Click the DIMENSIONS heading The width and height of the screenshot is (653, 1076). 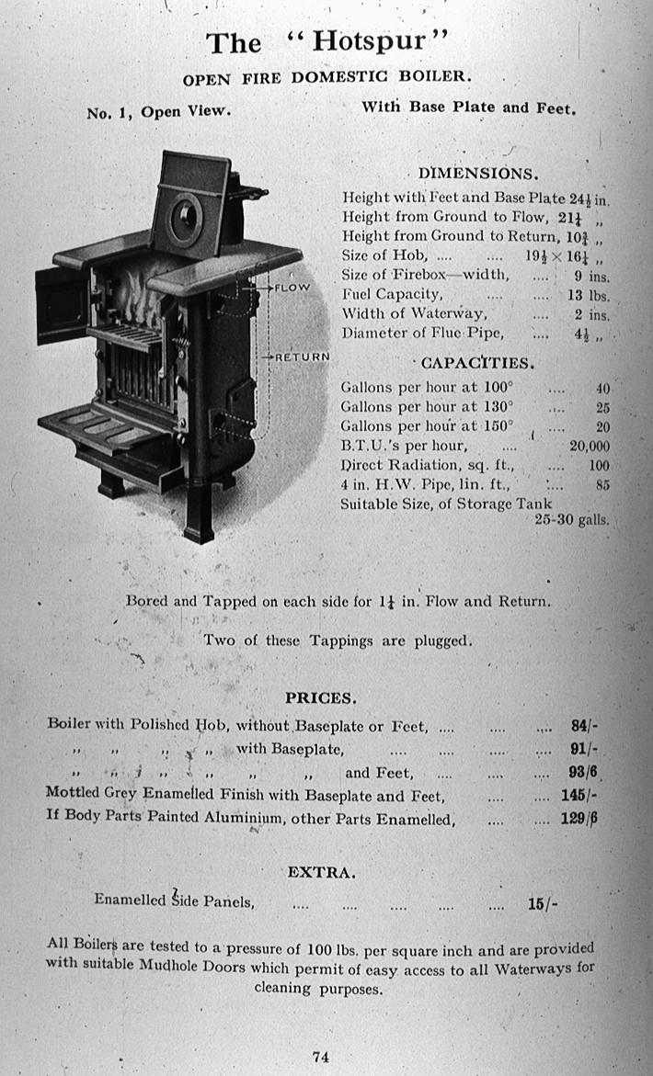click(x=478, y=174)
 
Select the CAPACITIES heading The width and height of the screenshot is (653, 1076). click(x=477, y=363)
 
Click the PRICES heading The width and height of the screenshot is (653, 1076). click(x=320, y=697)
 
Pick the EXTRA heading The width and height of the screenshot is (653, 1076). click(x=321, y=871)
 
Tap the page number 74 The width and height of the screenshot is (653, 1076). click(x=320, y=1057)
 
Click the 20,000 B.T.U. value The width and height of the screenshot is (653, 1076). click(x=590, y=446)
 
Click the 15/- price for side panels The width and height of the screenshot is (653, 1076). click(x=542, y=903)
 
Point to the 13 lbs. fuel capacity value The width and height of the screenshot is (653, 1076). click(x=589, y=296)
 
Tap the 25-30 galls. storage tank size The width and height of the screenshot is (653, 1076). click(x=571, y=519)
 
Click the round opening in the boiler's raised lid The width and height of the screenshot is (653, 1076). click(x=188, y=216)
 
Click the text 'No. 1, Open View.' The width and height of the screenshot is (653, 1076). click(x=157, y=113)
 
